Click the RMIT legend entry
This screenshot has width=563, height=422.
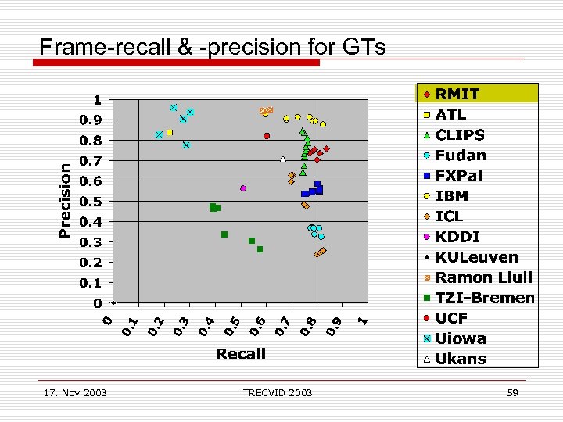457,94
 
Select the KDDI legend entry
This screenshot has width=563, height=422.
457,237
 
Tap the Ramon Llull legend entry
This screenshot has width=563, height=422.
483,277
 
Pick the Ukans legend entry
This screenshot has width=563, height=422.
460,359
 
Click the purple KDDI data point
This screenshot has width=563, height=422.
243,188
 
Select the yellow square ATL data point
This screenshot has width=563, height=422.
169,133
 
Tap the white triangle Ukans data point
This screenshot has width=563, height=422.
283,159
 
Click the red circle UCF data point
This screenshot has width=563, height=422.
267,136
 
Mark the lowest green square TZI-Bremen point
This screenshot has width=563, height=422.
260,249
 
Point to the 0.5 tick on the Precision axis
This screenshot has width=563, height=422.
91,202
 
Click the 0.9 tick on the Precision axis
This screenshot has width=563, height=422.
91,120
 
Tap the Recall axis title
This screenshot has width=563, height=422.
241,354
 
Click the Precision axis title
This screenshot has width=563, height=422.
66,199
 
